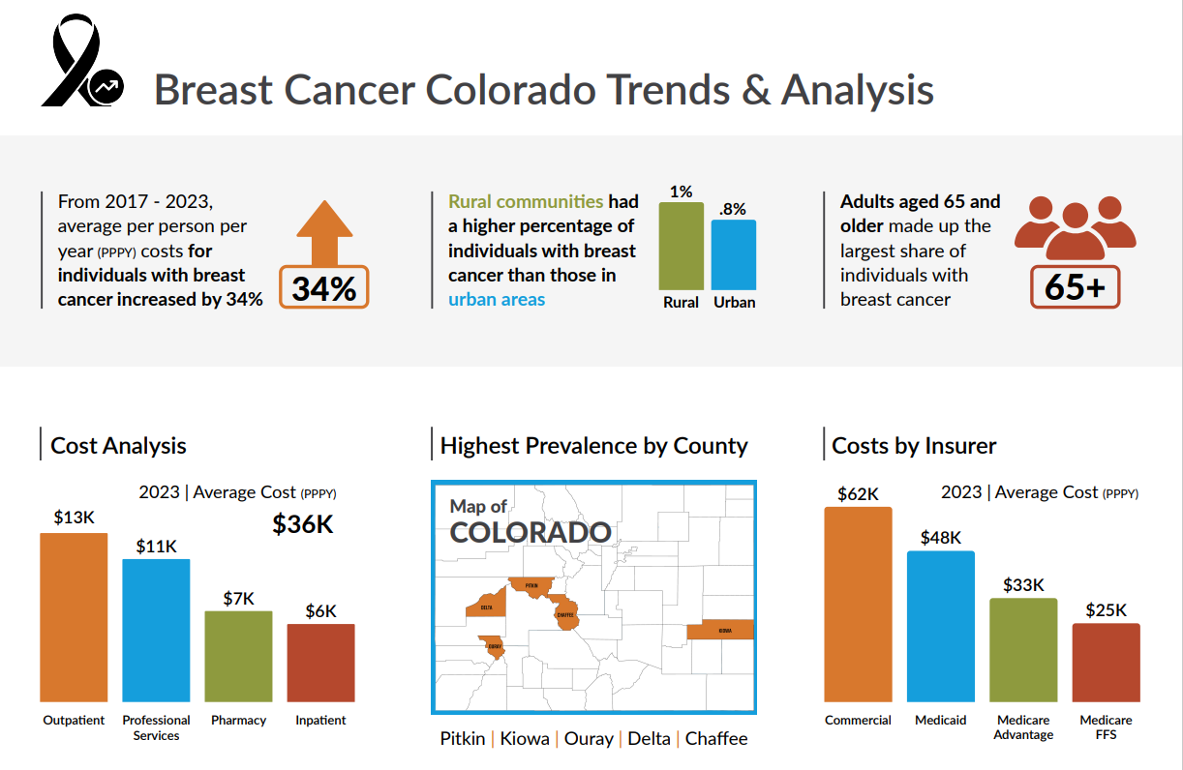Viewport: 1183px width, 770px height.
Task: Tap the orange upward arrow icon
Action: coord(325,232)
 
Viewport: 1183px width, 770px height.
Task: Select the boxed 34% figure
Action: coord(324,287)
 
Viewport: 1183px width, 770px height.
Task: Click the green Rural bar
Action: coord(682,246)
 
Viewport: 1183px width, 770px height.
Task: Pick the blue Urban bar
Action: coord(734,254)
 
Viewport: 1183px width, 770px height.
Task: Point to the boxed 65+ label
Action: coord(1075,287)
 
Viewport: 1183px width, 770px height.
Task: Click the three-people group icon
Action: coord(1075,228)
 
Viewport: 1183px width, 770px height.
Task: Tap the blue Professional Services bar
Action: coord(156,630)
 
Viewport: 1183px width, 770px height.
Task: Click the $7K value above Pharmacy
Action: coord(238,598)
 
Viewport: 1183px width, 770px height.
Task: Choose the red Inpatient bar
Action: coord(320,663)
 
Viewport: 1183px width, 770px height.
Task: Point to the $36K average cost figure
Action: coord(302,524)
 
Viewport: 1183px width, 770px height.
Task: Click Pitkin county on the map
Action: coord(531,586)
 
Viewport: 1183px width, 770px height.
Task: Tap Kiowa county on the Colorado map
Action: coord(720,631)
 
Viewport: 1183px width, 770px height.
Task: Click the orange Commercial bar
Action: coord(858,604)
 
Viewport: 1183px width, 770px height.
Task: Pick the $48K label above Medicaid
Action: coord(940,538)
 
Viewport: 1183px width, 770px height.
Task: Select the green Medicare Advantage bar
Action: coord(1023,649)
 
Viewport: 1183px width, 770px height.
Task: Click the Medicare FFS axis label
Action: coord(1106,727)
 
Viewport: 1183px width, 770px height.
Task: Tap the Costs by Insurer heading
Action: coord(914,446)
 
